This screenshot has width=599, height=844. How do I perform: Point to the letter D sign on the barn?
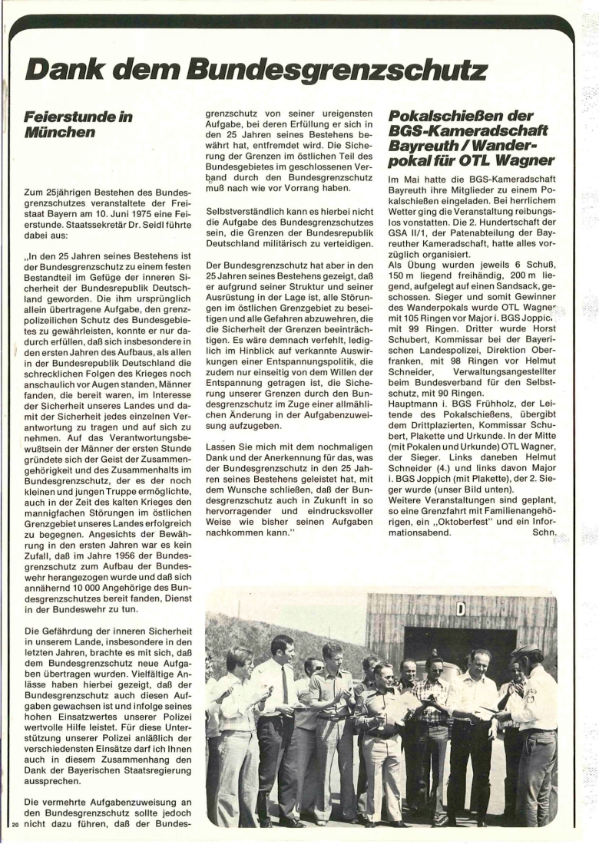click(x=461, y=610)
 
